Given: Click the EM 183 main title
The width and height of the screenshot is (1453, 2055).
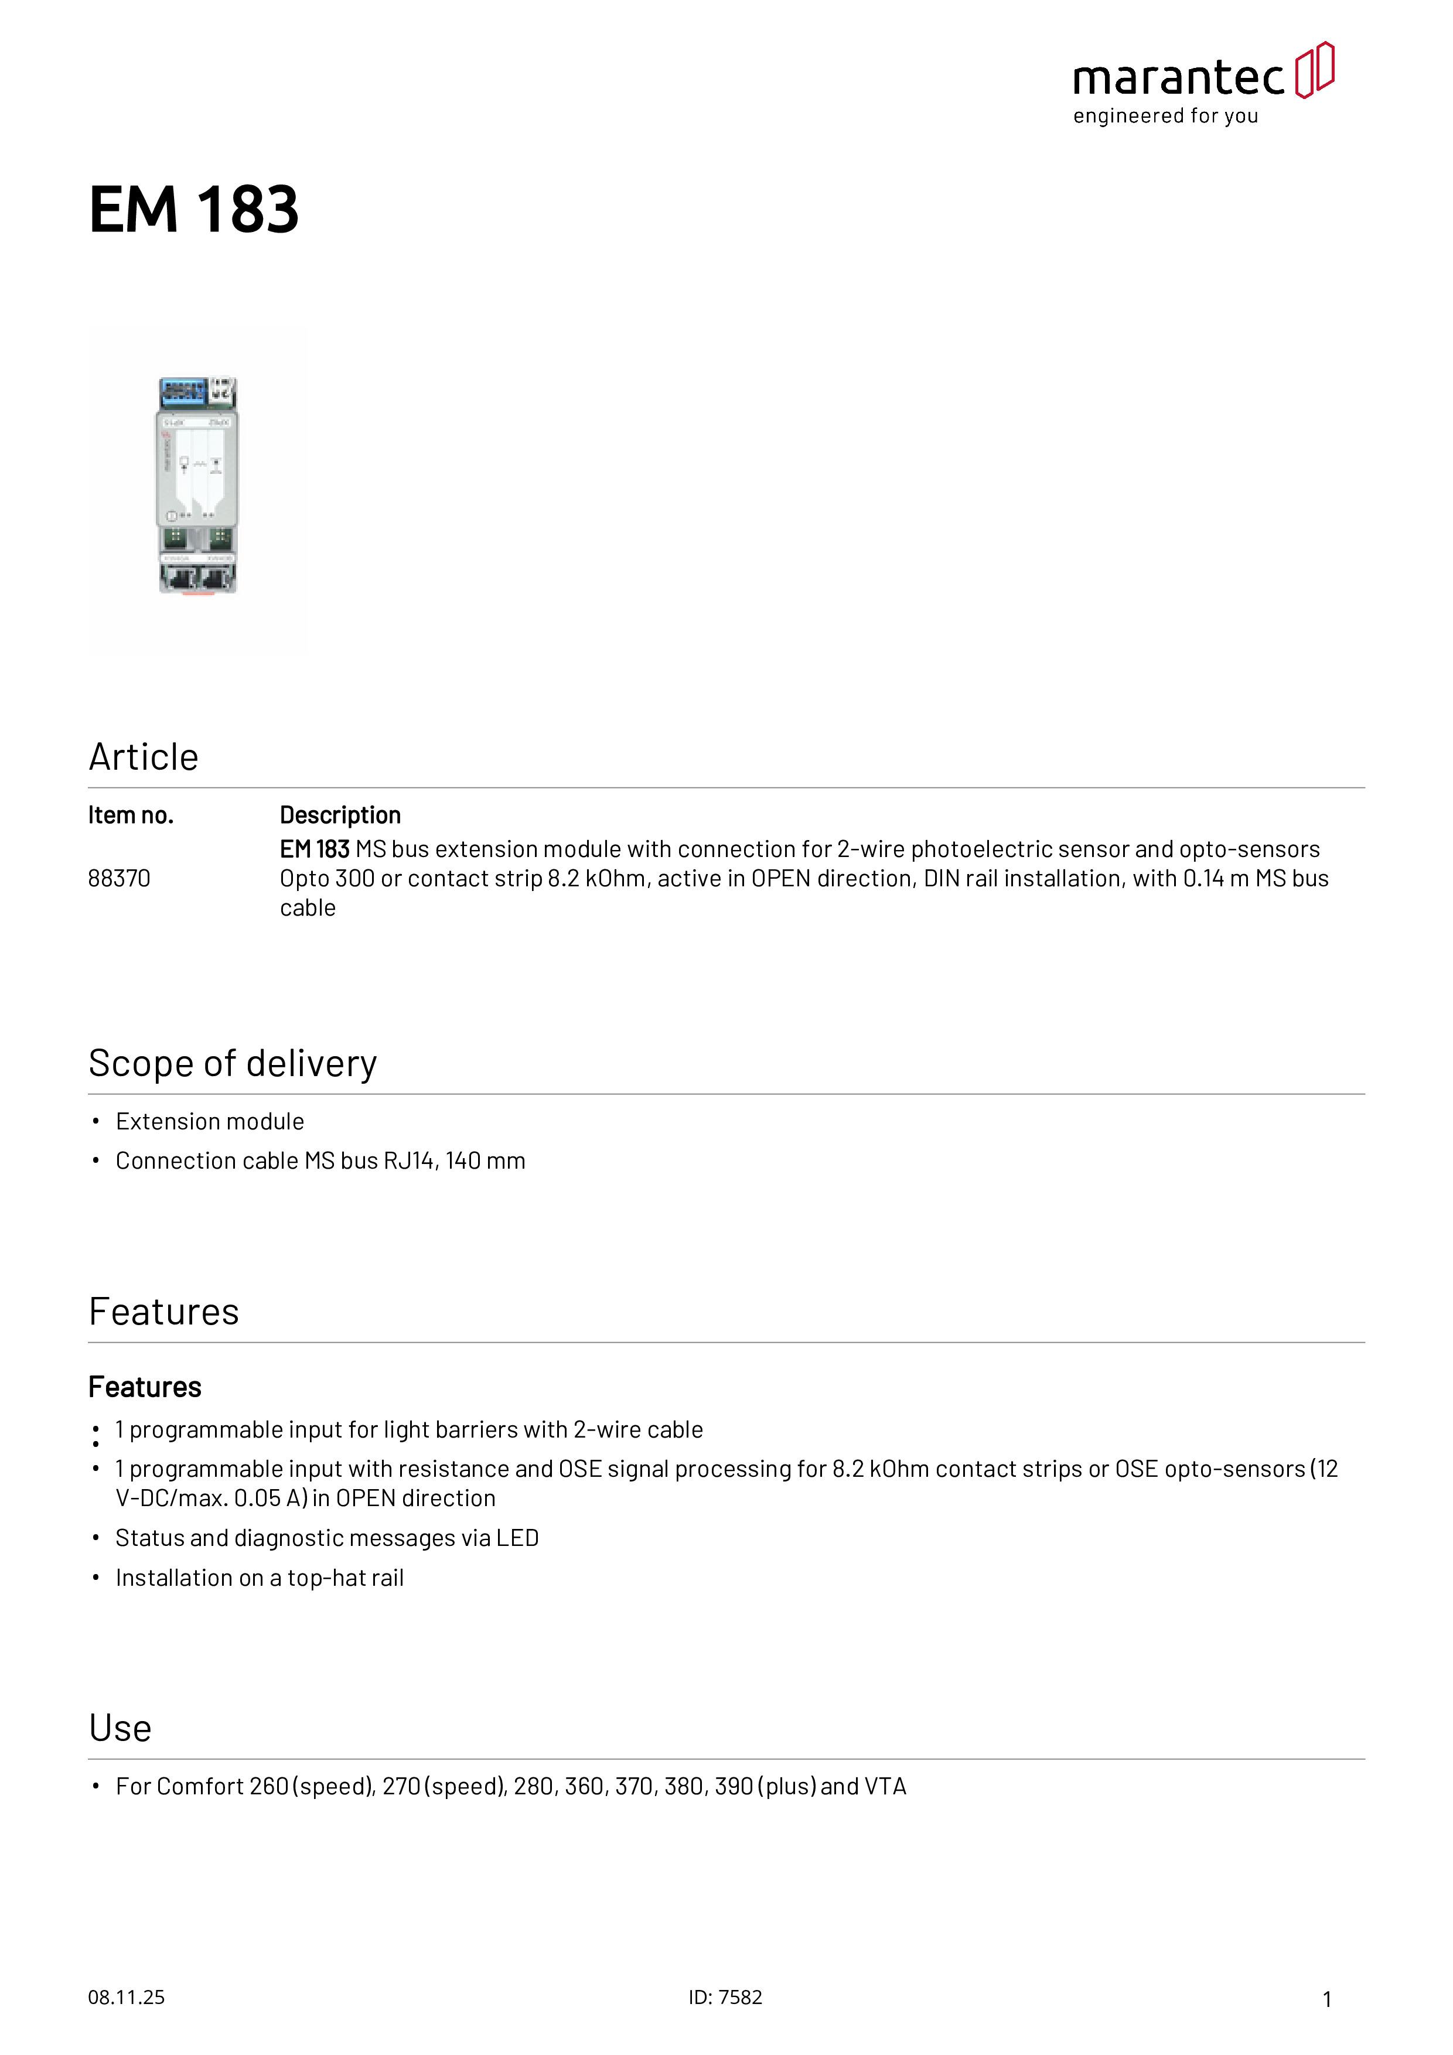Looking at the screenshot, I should click(193, 210).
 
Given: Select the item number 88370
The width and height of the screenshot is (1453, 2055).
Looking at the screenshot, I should click(119, 878).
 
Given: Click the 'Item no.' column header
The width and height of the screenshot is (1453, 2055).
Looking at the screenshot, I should click(131, 815).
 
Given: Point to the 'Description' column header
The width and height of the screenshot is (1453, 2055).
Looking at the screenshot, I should click(340, 815).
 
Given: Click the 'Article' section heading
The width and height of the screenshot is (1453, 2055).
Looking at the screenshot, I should click(143, 757).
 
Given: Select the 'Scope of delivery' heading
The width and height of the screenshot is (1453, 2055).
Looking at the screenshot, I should click(233, 1063).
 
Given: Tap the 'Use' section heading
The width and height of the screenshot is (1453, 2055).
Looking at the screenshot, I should click(120, 1728).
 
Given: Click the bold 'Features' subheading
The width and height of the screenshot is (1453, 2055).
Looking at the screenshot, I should click(145, 1387).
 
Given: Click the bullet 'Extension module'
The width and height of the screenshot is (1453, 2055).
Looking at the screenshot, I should click(210, 1121).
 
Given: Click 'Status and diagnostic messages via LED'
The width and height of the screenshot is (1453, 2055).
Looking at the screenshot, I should click(327, 1538).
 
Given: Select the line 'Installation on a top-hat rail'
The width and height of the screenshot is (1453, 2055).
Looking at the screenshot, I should click(260, 1578).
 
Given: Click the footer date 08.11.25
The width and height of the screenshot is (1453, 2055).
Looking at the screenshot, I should click(126, 1997).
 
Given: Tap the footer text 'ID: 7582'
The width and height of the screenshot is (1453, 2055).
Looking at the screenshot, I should click(725, 1997).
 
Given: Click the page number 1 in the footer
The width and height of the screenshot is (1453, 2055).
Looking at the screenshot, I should click(1327, 1999).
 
